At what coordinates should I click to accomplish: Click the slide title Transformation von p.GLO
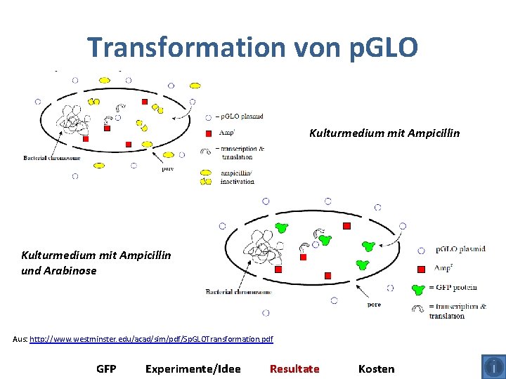(x=252, y=47)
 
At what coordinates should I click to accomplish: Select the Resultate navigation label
(x=294, y=368)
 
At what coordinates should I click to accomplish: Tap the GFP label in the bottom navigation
(x=106, y=368)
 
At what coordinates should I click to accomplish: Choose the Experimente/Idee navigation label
(x=193, y=368)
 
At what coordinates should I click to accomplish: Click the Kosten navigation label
(x=376, y=368)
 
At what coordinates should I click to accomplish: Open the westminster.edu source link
(x=151, y=340)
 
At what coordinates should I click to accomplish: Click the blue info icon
(x=493, y=366)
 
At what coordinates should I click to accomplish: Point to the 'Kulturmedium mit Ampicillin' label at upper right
(x=384, y=132)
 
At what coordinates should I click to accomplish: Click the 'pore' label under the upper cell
(x=168, y=168)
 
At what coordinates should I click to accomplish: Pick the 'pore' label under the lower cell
(x=374, y=305)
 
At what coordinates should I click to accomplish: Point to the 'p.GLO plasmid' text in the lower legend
(x=460, y=249)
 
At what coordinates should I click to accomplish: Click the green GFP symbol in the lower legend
(x=419, y=288)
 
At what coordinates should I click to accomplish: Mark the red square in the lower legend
(x=421, y=269)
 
